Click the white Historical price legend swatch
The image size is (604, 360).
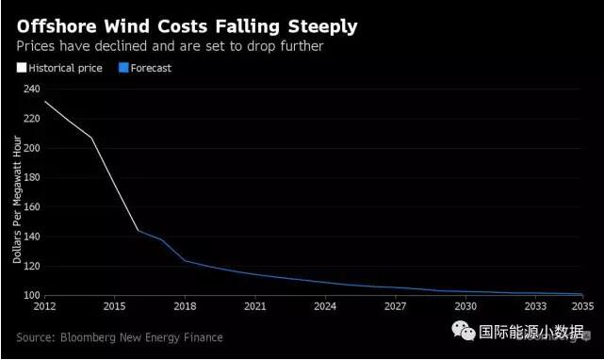(22, 68)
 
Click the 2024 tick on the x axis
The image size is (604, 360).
(325, 307)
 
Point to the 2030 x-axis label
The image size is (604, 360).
(466, 307)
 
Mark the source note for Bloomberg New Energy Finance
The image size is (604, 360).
(119, 336)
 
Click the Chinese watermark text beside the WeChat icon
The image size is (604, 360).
(531, 332)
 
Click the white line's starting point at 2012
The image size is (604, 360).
(44, 101)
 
